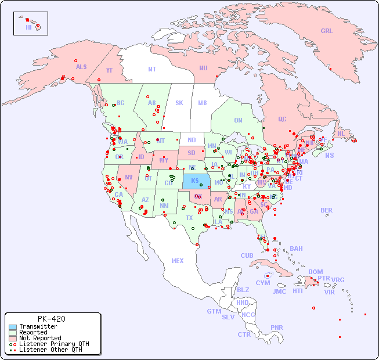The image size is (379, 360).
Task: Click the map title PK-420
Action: [51, 319]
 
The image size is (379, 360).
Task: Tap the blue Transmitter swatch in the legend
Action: [13, 327]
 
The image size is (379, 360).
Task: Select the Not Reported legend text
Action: [40, 338]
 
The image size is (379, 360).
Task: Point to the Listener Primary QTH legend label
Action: [53, 344]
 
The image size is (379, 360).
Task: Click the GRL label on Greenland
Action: [327, 31]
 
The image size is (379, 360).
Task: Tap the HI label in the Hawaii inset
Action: [28, 27]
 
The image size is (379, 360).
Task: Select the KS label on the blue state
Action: [195, 181]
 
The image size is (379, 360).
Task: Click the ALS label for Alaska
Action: [81, 67]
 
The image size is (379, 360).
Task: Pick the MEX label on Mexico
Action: [178, 261]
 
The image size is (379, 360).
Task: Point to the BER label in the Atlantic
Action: [327, 211]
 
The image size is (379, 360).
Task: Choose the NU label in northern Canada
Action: [203, 69]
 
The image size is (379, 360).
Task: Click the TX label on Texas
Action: [189, 218]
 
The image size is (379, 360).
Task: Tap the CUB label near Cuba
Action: [247, 256]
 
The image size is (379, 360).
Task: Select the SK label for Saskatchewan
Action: [179, 103]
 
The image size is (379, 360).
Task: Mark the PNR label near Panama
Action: [277, 327]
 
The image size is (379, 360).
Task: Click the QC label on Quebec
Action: [282, 120]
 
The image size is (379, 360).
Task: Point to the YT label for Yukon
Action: [109, 70]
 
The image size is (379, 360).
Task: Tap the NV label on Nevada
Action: [128, 178]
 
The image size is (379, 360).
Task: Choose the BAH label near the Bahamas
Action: [296, 249]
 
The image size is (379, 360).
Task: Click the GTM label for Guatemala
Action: [214, 312]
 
